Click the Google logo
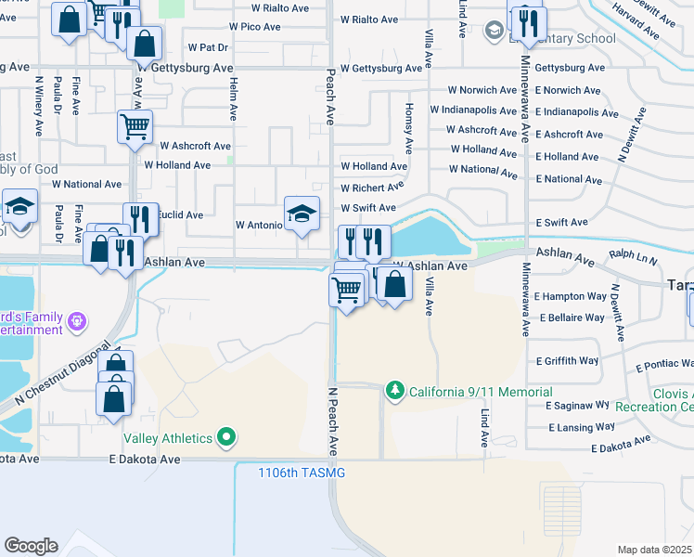[31, 545]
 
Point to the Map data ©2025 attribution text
[654, 550]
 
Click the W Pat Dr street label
[207, 46]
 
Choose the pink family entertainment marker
[76, 321]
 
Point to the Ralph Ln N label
[634, 253]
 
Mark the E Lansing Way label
[580, 427]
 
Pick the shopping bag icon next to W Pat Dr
[144, 42]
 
